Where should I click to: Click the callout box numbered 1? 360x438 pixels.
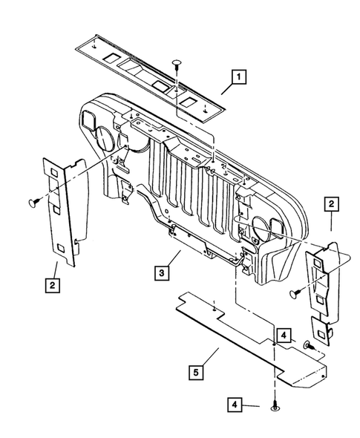pyautogui.click(x=238, y=76)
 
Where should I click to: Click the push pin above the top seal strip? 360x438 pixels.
pyautogui.click(x=177, y=62)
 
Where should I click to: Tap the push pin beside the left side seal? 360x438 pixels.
pyautogui.click(x=33, y=200)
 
